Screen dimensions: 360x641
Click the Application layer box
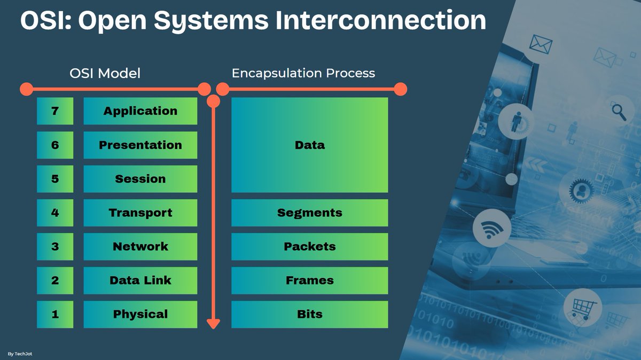(x=140, y=111)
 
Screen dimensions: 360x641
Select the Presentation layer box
(x=140, y=145)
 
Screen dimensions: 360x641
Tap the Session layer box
(x=140, y=179)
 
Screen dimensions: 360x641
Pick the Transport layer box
(x=140, y=213)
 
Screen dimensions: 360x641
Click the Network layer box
(x=140, y=247)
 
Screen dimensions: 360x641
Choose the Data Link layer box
(x=140, y=280)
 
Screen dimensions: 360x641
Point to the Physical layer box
(x=140, y=315)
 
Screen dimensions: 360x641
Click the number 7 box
(x=55, y=111)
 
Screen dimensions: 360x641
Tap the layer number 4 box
(x=55, y=213)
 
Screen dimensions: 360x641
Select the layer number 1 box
(x=55, y=315)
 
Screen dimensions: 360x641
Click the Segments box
(x=309, y=213)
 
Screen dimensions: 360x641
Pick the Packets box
(x=309, y=247)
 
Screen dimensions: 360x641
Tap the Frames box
(x=309, y=280)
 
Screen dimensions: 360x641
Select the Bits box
(x=309, y=315)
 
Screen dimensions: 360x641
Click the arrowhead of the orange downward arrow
(x=213, y=323)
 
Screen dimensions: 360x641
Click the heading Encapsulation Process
(x=303, y=73)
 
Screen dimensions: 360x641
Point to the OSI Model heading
(x=105, y=73)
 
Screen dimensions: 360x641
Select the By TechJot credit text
(x=20, y=354)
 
